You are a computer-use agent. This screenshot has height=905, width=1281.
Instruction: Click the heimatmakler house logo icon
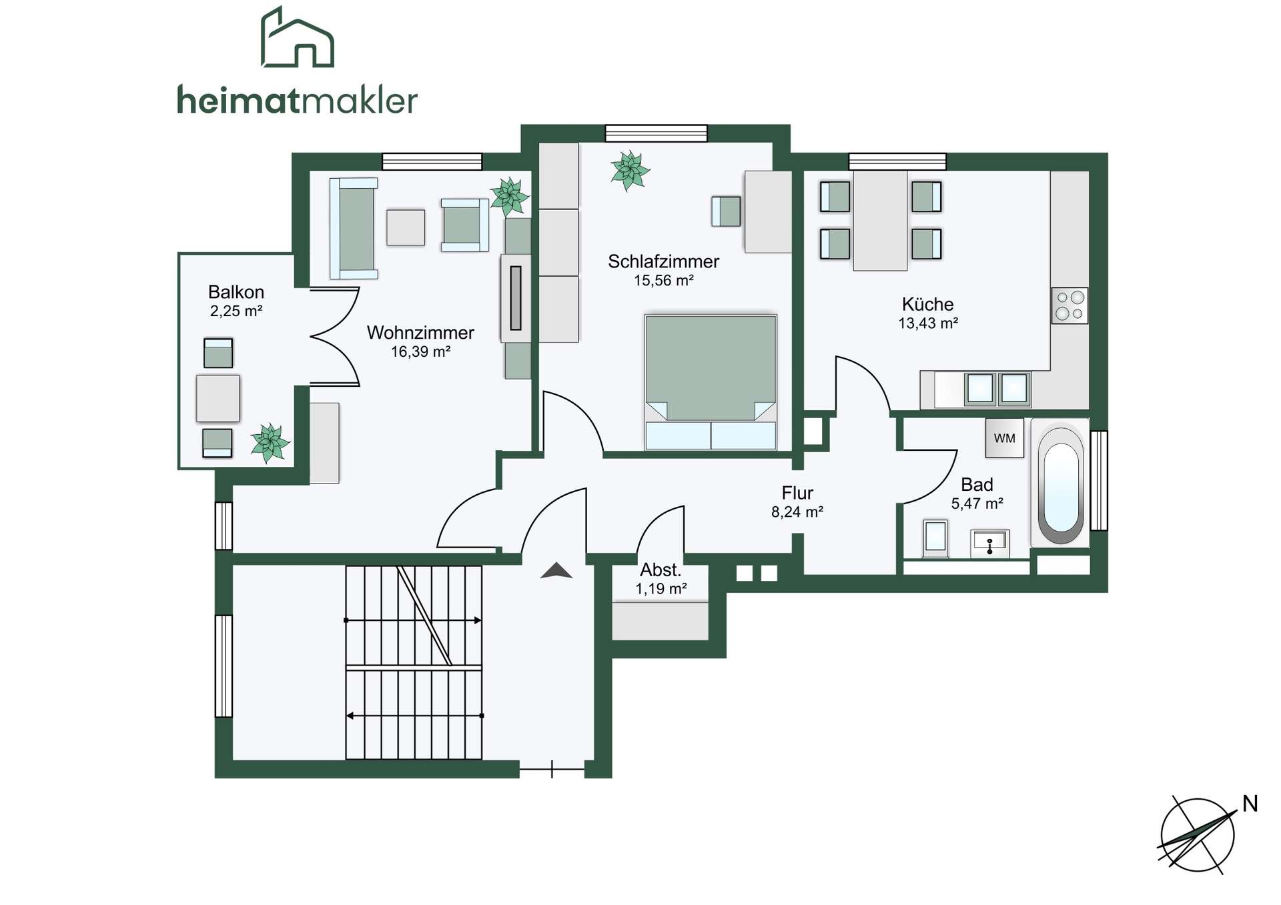pos(297,37)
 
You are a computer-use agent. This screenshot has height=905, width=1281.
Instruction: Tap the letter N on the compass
pos(1250,804)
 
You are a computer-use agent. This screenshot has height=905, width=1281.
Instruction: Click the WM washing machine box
pos(1004,438)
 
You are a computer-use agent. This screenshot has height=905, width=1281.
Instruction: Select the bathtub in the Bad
pos(1060,484)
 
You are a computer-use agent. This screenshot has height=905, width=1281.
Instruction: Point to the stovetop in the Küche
pos(1070,305)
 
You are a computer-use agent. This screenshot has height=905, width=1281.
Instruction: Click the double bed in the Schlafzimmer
pos(711,381)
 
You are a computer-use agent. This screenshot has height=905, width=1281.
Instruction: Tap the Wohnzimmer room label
pos(420,332)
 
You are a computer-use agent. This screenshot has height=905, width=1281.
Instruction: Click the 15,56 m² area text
pos(663,281)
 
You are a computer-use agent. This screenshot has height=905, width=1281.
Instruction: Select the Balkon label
pos(236,292)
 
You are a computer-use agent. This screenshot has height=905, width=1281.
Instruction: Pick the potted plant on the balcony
pos(270,442)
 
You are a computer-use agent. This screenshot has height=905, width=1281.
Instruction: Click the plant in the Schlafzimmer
pos(629,170)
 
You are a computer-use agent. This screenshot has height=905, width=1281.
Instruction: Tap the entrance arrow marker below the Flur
pos(556,570)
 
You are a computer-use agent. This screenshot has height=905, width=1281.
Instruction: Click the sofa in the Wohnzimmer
pos(354,228)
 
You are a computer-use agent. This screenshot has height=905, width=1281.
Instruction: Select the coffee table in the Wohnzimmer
pos(406,227)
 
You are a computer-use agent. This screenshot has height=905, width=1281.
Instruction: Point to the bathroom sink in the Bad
pos(990,544)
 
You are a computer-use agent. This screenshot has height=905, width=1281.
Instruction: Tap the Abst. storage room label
pos(661,570)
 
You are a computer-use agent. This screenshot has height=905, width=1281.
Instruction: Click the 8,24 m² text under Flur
pos(797,512)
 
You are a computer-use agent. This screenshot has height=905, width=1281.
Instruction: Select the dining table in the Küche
pos(880,221)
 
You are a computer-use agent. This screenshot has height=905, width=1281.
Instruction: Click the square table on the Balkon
pos(218,398)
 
